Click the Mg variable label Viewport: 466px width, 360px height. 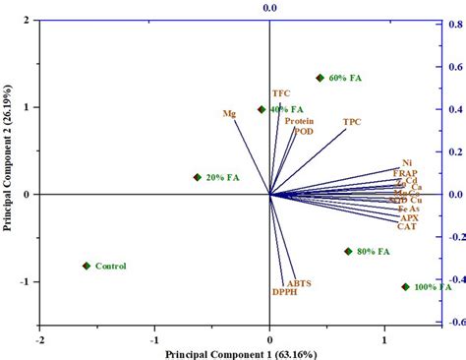229,113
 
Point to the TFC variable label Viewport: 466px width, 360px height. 281,92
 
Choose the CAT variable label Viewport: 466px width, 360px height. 406,226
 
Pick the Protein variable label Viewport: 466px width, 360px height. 300,121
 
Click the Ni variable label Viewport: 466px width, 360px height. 407,162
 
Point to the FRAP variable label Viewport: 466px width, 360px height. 405,172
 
